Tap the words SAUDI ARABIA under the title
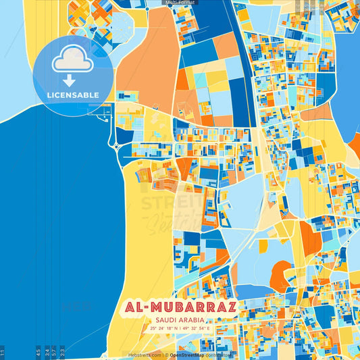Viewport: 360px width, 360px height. (180, 320)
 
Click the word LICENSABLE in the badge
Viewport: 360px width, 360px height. (72, 95)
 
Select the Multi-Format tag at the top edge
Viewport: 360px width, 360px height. (180, 3)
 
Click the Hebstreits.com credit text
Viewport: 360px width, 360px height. (145, 355)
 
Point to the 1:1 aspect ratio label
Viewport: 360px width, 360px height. (3, 352)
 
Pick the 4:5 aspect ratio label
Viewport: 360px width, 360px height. (38, 352)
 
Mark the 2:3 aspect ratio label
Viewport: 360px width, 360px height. (63, 352)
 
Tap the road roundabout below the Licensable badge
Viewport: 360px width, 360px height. (115, 145)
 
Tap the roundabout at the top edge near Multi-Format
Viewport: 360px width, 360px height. (147, 9)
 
